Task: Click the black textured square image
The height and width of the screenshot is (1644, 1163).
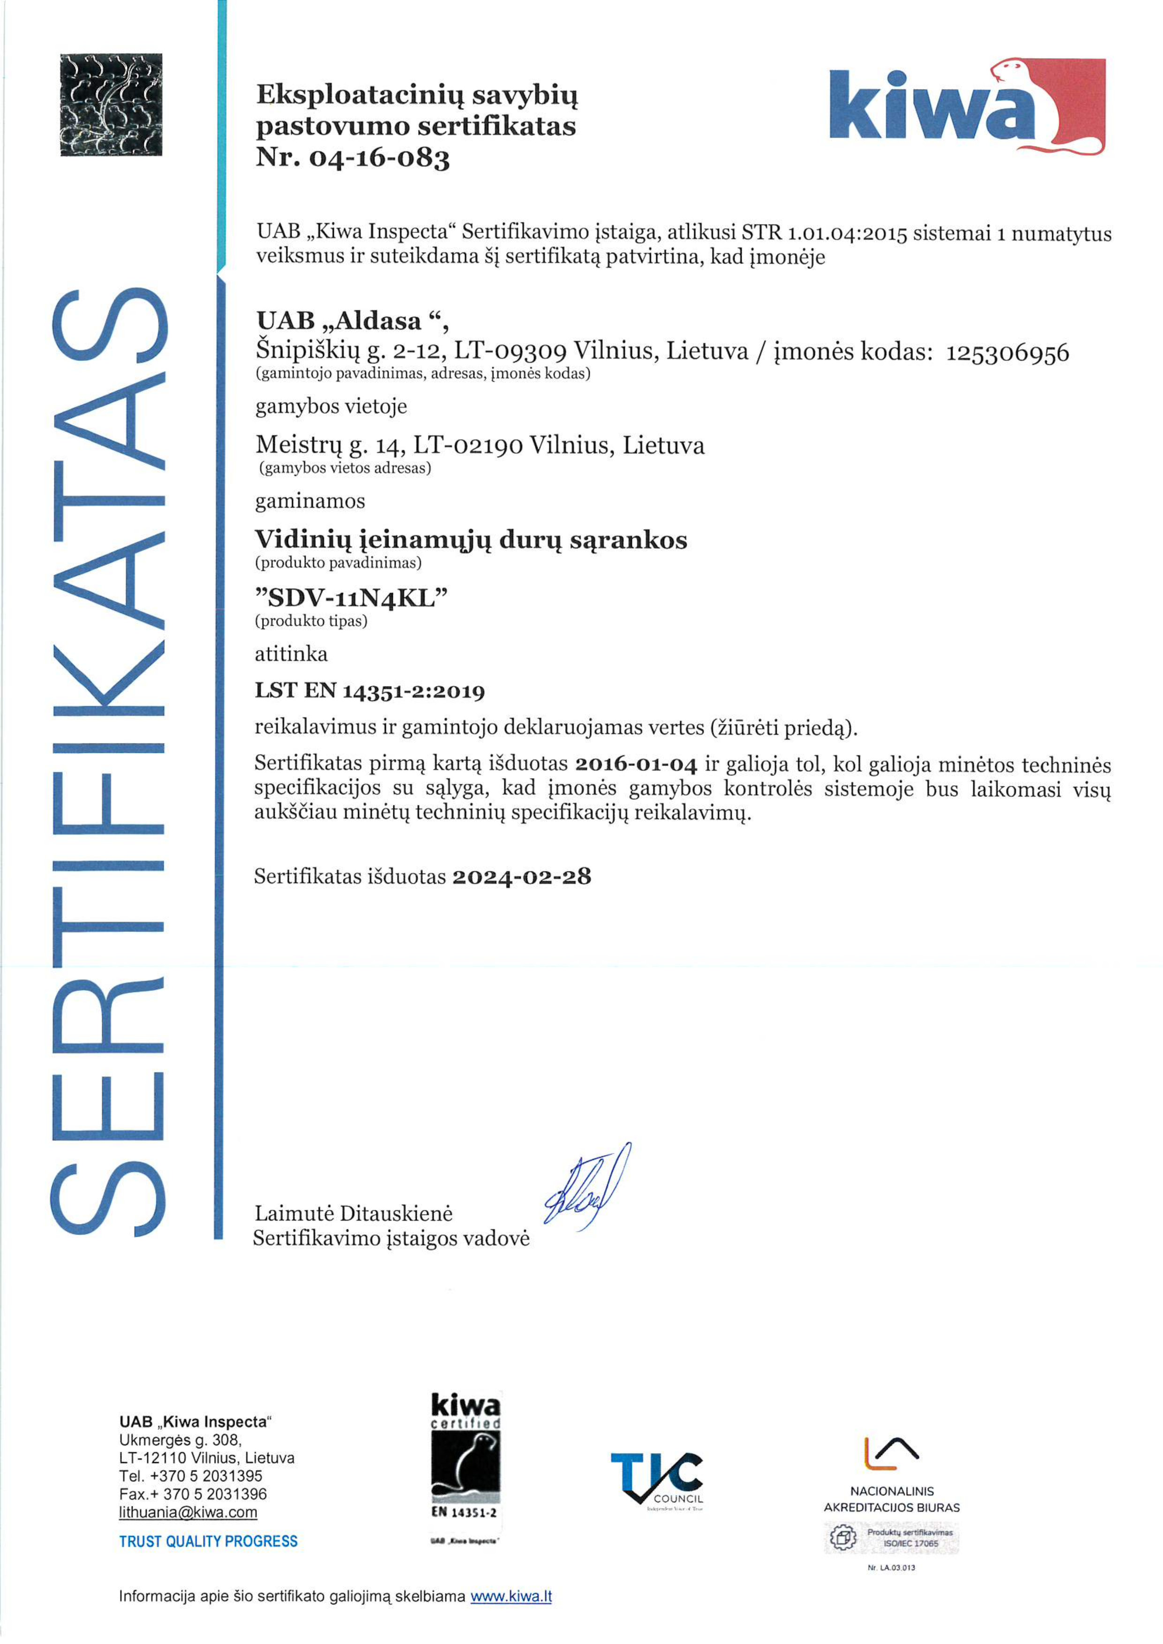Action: (x=111, y=105)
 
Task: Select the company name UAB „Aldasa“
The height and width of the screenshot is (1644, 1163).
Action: (x=352, y=320)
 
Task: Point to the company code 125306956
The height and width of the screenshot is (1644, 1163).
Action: (x=1007, y=353)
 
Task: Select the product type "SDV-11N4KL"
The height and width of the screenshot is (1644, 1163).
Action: (x=351, y=597)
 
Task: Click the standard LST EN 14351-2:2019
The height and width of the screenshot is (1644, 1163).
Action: (x=369, y=691)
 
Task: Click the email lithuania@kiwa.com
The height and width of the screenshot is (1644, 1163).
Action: (x=188, y=1512)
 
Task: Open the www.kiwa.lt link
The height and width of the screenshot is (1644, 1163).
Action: (x=510, y=1596)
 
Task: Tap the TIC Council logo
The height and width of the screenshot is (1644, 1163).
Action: (x=657, y=1481)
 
